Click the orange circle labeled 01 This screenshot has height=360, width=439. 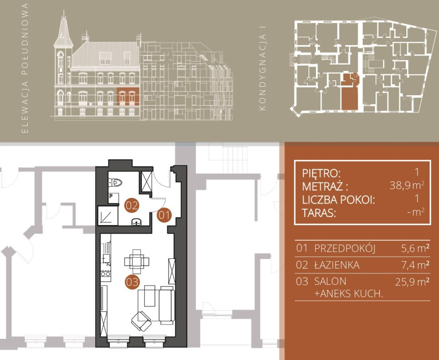pos(164,215)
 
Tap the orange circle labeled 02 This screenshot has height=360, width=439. pos(132,206)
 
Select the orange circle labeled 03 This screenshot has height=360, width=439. pos(132,282)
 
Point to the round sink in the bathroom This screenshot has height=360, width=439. pos(137,222)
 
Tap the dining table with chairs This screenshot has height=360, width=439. pos(137,262)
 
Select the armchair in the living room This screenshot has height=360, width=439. pos(141,321)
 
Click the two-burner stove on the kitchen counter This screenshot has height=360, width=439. pos(105,274)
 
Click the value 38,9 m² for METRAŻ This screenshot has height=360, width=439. pos(407,185)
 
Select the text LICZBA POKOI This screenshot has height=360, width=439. pos(338,200)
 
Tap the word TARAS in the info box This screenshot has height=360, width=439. pos(318,213)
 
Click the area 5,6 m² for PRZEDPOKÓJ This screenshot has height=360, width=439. pos(415,248)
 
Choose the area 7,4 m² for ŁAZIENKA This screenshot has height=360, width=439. pos(415,264)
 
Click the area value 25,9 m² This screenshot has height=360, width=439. pos(412,281)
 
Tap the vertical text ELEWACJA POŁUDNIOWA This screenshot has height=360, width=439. pos(25,68)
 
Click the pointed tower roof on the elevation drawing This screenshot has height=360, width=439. pos(63,29)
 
